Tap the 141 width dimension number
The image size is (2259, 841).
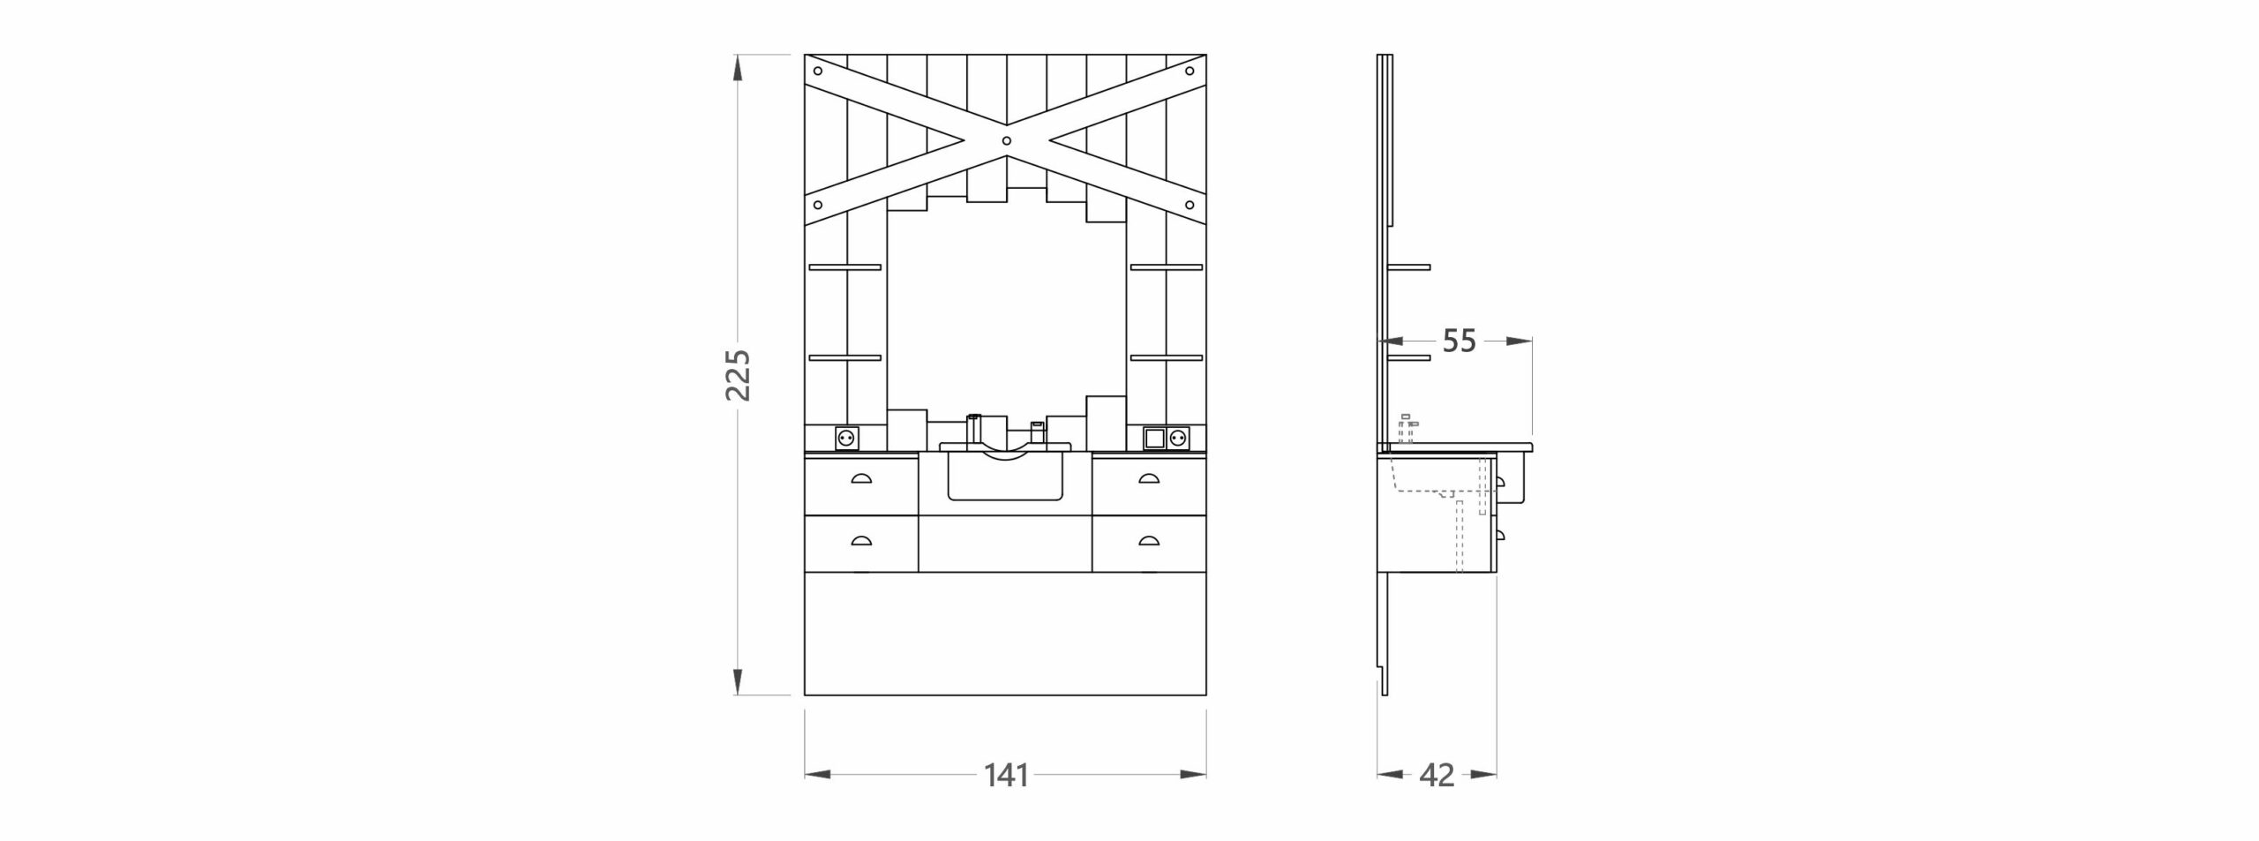click(x=1006, y=776)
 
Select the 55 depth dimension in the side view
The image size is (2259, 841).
click(x=1460, y=341)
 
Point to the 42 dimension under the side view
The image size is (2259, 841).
click(x=1437, y=776)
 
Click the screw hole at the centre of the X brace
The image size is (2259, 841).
click(x=1006, y=140)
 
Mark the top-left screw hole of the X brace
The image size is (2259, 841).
click(x=818, y=71)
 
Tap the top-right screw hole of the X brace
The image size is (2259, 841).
click(x=1190, y=71)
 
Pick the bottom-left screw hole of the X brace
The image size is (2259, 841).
click(x=818, y=206)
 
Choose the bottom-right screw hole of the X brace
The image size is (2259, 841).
click(x=1193, y=206)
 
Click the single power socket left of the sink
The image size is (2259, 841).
click(x=229, y=437)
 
